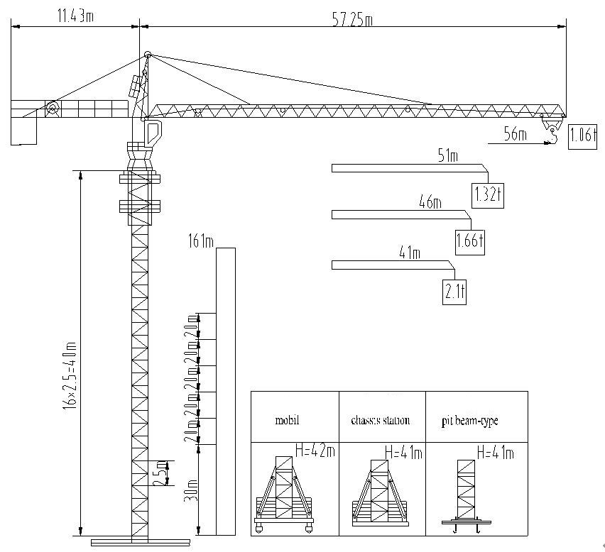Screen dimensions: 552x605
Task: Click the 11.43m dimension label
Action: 75,16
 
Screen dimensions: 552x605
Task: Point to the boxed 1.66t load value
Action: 469,241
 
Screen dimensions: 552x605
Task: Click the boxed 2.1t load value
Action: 454,291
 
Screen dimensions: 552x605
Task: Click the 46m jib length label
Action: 430,204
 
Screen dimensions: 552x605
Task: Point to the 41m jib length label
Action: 410,253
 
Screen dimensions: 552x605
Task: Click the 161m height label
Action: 201,242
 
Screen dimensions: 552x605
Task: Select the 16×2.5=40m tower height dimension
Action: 70,375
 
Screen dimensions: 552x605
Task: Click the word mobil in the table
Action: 288,420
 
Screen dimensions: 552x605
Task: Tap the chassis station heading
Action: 380,420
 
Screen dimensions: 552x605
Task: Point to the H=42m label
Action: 315,450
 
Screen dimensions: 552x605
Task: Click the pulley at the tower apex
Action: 148,55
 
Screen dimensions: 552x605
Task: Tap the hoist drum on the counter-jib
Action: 52,108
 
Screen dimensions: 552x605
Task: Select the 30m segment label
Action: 190,490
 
